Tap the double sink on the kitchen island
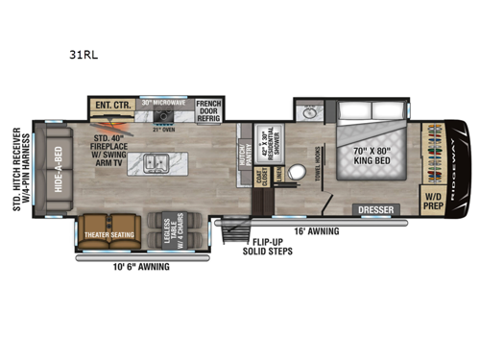157,161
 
